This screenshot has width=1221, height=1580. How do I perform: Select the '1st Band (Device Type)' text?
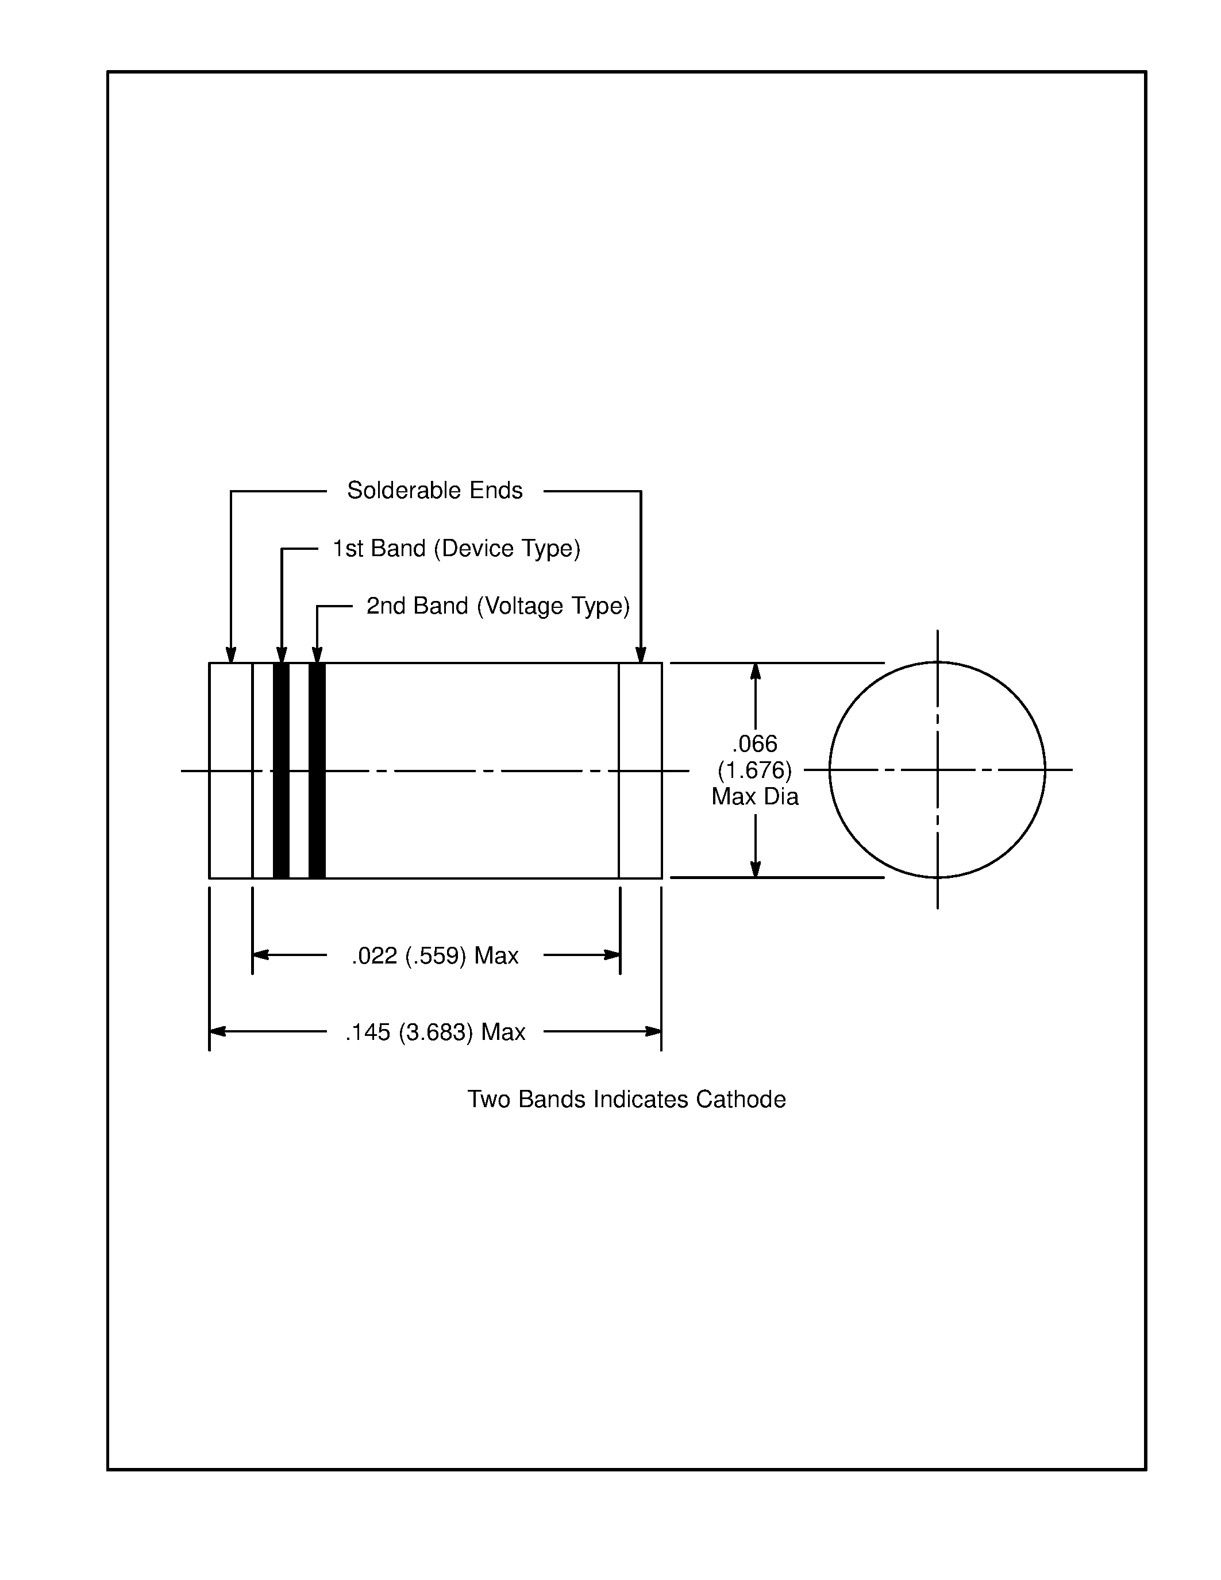456,548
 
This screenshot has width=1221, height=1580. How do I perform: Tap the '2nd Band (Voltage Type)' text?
498,606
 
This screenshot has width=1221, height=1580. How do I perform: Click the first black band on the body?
282,770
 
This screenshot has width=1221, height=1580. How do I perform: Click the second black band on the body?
317,770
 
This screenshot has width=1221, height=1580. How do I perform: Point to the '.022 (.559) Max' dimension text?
435,955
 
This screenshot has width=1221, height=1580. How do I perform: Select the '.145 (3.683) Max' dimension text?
435,1032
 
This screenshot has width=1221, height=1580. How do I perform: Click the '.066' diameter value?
754,743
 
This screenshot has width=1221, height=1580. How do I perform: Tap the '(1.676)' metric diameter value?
754,770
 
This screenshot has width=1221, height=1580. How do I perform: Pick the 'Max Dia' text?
754,796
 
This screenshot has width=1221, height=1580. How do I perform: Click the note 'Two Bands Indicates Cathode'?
626,1099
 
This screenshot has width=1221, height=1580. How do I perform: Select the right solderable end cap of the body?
640,770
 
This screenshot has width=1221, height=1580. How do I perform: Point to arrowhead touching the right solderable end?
640,655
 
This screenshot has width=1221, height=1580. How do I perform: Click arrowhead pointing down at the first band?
282,655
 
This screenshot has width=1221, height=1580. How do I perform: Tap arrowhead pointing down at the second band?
317,655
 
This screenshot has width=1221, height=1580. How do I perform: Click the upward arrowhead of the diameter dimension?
755,671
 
